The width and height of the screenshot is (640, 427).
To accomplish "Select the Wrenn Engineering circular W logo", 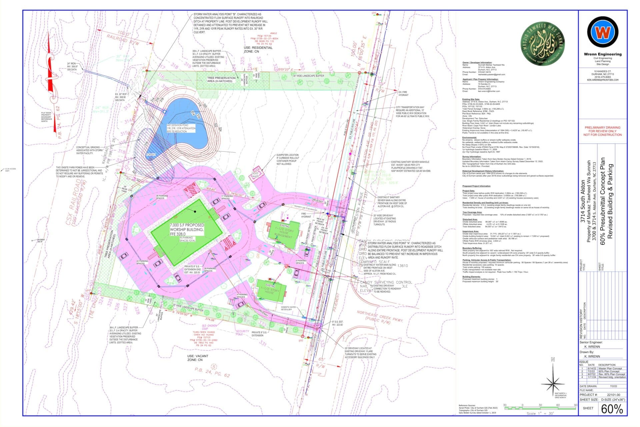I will click(x=603, y=32).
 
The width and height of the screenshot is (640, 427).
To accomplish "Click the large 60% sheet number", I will click(x=612, y=408).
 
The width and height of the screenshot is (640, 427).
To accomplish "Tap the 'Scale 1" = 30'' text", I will click(x=540, y=413).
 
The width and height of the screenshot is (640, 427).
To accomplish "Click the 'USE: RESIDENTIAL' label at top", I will click(x=258, y=48).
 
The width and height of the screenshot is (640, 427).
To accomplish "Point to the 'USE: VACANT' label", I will click(x=197, y=356).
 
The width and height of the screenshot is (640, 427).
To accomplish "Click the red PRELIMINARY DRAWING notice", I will click(x=602, y=131).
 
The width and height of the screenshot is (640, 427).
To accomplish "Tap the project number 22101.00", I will click(x=613, y=395).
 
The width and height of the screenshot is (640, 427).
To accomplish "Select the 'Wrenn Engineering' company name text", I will click(x=603, y=54).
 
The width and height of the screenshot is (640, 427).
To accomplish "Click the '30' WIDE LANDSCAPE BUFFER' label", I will click(x=308, y=76).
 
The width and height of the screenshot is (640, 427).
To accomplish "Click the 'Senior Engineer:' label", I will click(x=591, y=342).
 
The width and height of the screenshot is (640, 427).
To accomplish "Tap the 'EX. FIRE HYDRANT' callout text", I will click(x=403, y=93).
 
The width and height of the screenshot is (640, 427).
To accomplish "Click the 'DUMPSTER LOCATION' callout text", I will click(x=287, y=155).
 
